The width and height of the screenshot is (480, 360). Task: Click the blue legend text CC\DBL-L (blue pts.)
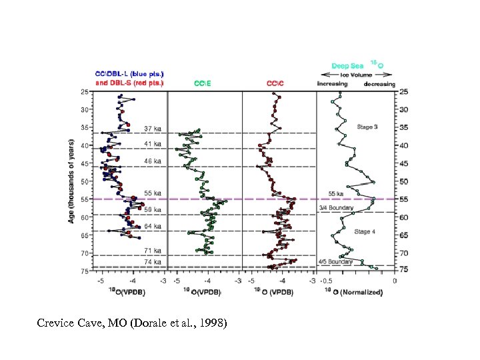tap(130, 73)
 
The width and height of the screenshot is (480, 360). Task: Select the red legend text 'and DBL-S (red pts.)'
tap(129, 83)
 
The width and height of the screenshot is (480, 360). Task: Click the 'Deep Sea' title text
tap(349, 67)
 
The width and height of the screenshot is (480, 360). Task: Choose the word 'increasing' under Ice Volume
tap(332, 84)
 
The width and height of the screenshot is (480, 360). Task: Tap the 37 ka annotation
tap(153, 129)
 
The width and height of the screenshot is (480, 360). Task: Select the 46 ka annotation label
tap(153, 161)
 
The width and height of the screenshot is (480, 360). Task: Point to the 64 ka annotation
tap(153, 226)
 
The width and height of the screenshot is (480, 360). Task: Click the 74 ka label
tap(153, 262)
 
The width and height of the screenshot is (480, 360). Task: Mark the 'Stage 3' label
tap(367, 127)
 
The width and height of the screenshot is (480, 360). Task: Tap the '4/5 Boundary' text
tap(335, 262)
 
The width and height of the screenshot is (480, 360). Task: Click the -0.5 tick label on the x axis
tap(327, 281)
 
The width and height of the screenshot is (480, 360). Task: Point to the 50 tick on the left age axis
tap(85, 181)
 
